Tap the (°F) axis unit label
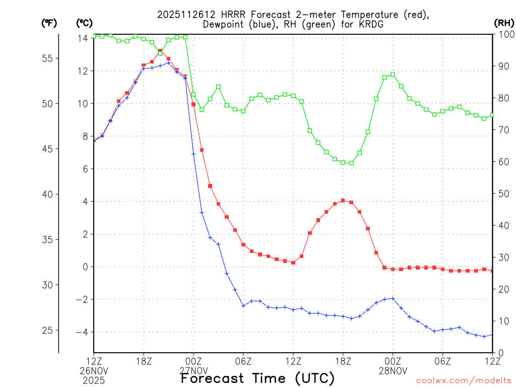point(49,23)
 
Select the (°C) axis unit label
point(84,23)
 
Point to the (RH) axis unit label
point(504,23)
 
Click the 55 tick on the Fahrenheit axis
point(47,58)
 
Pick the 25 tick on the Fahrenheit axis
point(47,331)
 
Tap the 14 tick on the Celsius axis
point(83,38)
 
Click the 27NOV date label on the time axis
point(193,371)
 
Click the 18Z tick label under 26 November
point(144,361)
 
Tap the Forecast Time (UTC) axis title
point(257,378)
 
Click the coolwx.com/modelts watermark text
point(464,380)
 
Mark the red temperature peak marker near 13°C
point(160,50)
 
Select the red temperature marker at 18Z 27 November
point(343,201)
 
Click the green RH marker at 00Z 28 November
point(393,75)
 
